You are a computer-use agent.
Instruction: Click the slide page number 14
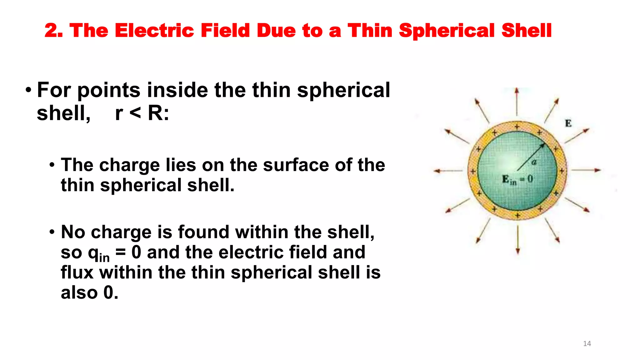click(587, 344)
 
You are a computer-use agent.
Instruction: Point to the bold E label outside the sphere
click(568, 123)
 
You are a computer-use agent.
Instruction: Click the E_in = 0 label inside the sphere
click(517, 180)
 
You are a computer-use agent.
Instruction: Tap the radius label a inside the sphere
click(534, 162)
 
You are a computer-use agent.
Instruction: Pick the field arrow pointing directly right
click(586, 170)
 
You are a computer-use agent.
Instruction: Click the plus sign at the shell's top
click(517, 127)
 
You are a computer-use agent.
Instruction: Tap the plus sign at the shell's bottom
click(517, 215)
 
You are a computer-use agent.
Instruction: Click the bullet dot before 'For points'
click(28, 90)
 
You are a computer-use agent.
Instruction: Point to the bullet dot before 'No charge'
click(52, 232)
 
